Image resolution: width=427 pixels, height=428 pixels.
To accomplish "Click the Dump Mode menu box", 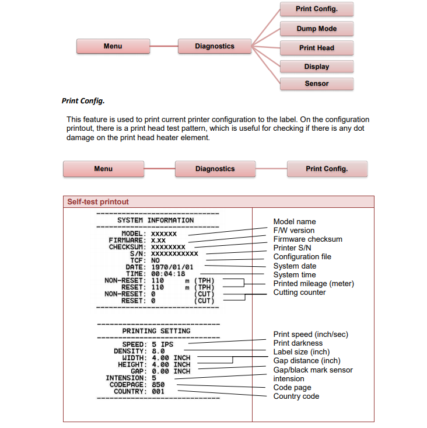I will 316,29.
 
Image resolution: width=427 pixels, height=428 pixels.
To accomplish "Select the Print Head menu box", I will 316,48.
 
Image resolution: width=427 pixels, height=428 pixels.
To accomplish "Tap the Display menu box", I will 316,67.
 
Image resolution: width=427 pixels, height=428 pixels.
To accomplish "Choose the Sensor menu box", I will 316,83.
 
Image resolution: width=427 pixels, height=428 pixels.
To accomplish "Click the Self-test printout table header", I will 98,201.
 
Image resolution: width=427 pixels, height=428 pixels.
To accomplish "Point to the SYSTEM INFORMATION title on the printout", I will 155,220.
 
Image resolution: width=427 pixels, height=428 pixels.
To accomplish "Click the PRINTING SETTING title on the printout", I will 156,331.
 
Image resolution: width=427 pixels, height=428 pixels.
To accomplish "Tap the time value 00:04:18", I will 168,273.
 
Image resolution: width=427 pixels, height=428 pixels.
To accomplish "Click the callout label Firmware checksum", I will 307,239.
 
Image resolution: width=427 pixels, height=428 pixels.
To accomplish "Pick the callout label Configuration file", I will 302,256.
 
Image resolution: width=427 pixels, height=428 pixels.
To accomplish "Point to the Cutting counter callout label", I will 299,292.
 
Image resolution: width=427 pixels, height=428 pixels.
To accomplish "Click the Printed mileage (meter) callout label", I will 313,283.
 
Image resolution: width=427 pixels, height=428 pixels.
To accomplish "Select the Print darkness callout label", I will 297,343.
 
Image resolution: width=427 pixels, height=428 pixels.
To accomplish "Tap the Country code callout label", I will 296,396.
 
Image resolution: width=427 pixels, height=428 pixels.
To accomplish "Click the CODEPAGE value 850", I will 157,385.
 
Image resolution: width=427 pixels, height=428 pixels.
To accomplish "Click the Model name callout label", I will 294,221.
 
